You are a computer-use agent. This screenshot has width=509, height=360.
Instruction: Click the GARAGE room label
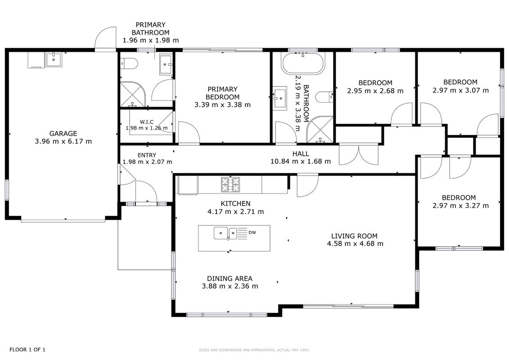coord(63,133)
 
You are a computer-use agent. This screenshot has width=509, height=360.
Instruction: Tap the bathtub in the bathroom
coord(303,63)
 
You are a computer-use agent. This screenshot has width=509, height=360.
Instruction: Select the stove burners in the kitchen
coord(230,184)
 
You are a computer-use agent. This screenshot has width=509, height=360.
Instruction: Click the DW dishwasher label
coord(252,233)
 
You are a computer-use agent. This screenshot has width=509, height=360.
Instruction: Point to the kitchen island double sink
coord(225,234)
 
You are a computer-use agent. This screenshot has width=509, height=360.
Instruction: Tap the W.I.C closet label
coord(147,122)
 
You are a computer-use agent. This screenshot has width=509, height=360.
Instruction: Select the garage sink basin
coord(54,60)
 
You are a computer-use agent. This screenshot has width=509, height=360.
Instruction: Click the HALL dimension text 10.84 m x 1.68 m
coord(301,162)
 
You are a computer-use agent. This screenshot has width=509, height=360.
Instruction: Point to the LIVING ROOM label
coord(354,236)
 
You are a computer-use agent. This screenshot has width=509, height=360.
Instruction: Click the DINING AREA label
coord(230,279)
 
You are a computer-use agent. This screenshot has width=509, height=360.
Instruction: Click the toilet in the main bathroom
coord(324,97)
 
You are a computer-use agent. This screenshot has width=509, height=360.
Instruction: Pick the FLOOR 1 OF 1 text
coord(27,350)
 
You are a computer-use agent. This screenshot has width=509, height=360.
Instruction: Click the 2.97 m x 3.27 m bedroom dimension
coord(461,206)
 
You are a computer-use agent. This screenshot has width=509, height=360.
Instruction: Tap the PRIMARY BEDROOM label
coord(223,93)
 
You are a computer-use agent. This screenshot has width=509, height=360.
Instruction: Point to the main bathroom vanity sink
coord(279,99)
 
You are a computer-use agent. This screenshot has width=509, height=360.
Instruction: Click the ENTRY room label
coord(147,155)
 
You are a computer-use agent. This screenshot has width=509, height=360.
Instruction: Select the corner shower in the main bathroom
coord(320,130)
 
